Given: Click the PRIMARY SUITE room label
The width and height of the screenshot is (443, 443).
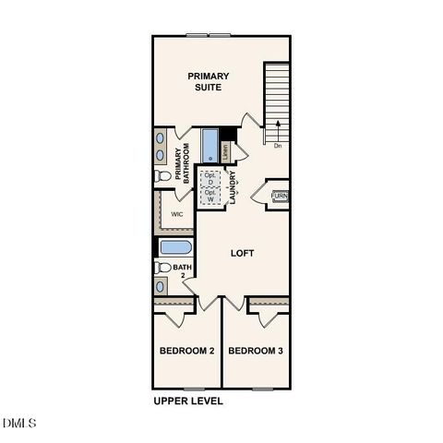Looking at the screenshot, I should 209,81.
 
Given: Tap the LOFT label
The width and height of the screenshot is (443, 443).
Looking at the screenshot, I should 242,253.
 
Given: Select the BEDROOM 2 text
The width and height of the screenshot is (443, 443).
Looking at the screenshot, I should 186,352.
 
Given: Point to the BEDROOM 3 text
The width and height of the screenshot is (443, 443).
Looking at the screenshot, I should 256,352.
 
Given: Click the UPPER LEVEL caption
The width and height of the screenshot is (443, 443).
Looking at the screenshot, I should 187,401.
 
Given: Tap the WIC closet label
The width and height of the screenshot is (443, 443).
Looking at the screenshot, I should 176,213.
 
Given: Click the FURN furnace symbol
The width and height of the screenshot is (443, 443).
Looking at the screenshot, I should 279,196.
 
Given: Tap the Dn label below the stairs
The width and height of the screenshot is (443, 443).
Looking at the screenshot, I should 277,145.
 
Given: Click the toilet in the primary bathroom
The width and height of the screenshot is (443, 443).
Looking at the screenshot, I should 162,175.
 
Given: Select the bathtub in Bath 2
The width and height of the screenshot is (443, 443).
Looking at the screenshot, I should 174,247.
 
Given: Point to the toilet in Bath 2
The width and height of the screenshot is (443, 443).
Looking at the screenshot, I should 162,268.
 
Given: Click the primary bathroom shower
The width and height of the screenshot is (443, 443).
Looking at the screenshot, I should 209,146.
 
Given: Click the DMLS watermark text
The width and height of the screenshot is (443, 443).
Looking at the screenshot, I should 19,424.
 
